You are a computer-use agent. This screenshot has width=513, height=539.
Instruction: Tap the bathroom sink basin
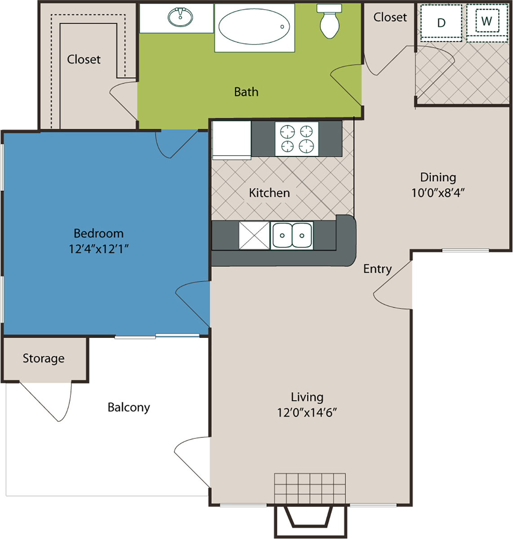tap(180, 17)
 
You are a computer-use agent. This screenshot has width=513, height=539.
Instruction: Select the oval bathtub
tap(254, 27)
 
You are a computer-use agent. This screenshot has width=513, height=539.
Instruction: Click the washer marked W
tap(487, 23)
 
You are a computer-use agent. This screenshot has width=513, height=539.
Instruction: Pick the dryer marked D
tap(441, 23)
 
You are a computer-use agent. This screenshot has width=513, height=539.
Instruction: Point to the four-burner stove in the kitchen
tap(296, 139)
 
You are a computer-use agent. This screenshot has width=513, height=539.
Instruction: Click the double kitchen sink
tap(292, 235)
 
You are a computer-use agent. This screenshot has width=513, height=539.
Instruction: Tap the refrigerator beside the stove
tap(232, 140)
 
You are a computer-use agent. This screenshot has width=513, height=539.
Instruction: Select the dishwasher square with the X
tap(254, 235)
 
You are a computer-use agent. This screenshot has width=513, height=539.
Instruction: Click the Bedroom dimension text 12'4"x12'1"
tap(98, 249)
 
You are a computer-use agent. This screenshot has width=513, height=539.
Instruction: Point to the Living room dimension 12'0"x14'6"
tap(307, 413)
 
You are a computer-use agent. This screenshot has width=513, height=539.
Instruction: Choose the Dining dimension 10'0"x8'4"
tap(438, 193)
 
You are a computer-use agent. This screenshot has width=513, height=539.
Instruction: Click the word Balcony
tap(128, 408)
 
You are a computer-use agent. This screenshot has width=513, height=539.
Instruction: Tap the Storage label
tap(44, 359)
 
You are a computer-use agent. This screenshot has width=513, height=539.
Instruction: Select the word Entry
tap(377, 269)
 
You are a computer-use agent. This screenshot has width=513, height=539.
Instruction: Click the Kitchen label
tap(269, 193)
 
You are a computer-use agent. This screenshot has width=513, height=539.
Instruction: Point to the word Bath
tap(246, 92)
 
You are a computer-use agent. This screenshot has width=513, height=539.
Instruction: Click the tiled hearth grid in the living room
tap(310, 488)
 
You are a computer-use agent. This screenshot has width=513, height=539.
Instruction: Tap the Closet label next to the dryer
tap(390, 17)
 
